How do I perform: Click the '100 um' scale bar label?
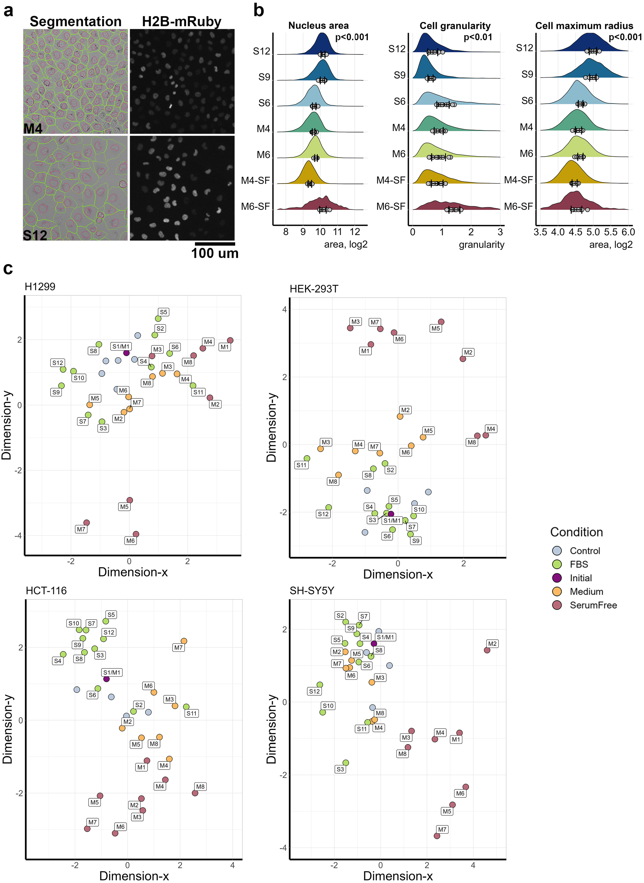click(215, 253)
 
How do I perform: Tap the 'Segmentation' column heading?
click(76, 21)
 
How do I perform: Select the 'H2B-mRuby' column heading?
click(182, 21)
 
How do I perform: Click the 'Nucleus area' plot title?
click(319, 26)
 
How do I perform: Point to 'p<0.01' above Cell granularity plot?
click(478, 38)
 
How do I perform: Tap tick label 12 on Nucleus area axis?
click(355, 232)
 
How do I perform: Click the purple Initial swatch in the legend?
click(557, 578)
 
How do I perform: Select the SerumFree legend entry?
click(593, 605)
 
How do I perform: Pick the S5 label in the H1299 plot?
click(163, 312)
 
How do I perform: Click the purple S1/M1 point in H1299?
click(126, 353)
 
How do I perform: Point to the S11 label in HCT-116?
click(191, 713)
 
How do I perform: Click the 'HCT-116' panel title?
click(46, 591)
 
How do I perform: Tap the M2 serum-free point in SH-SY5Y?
click(487, 650)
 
